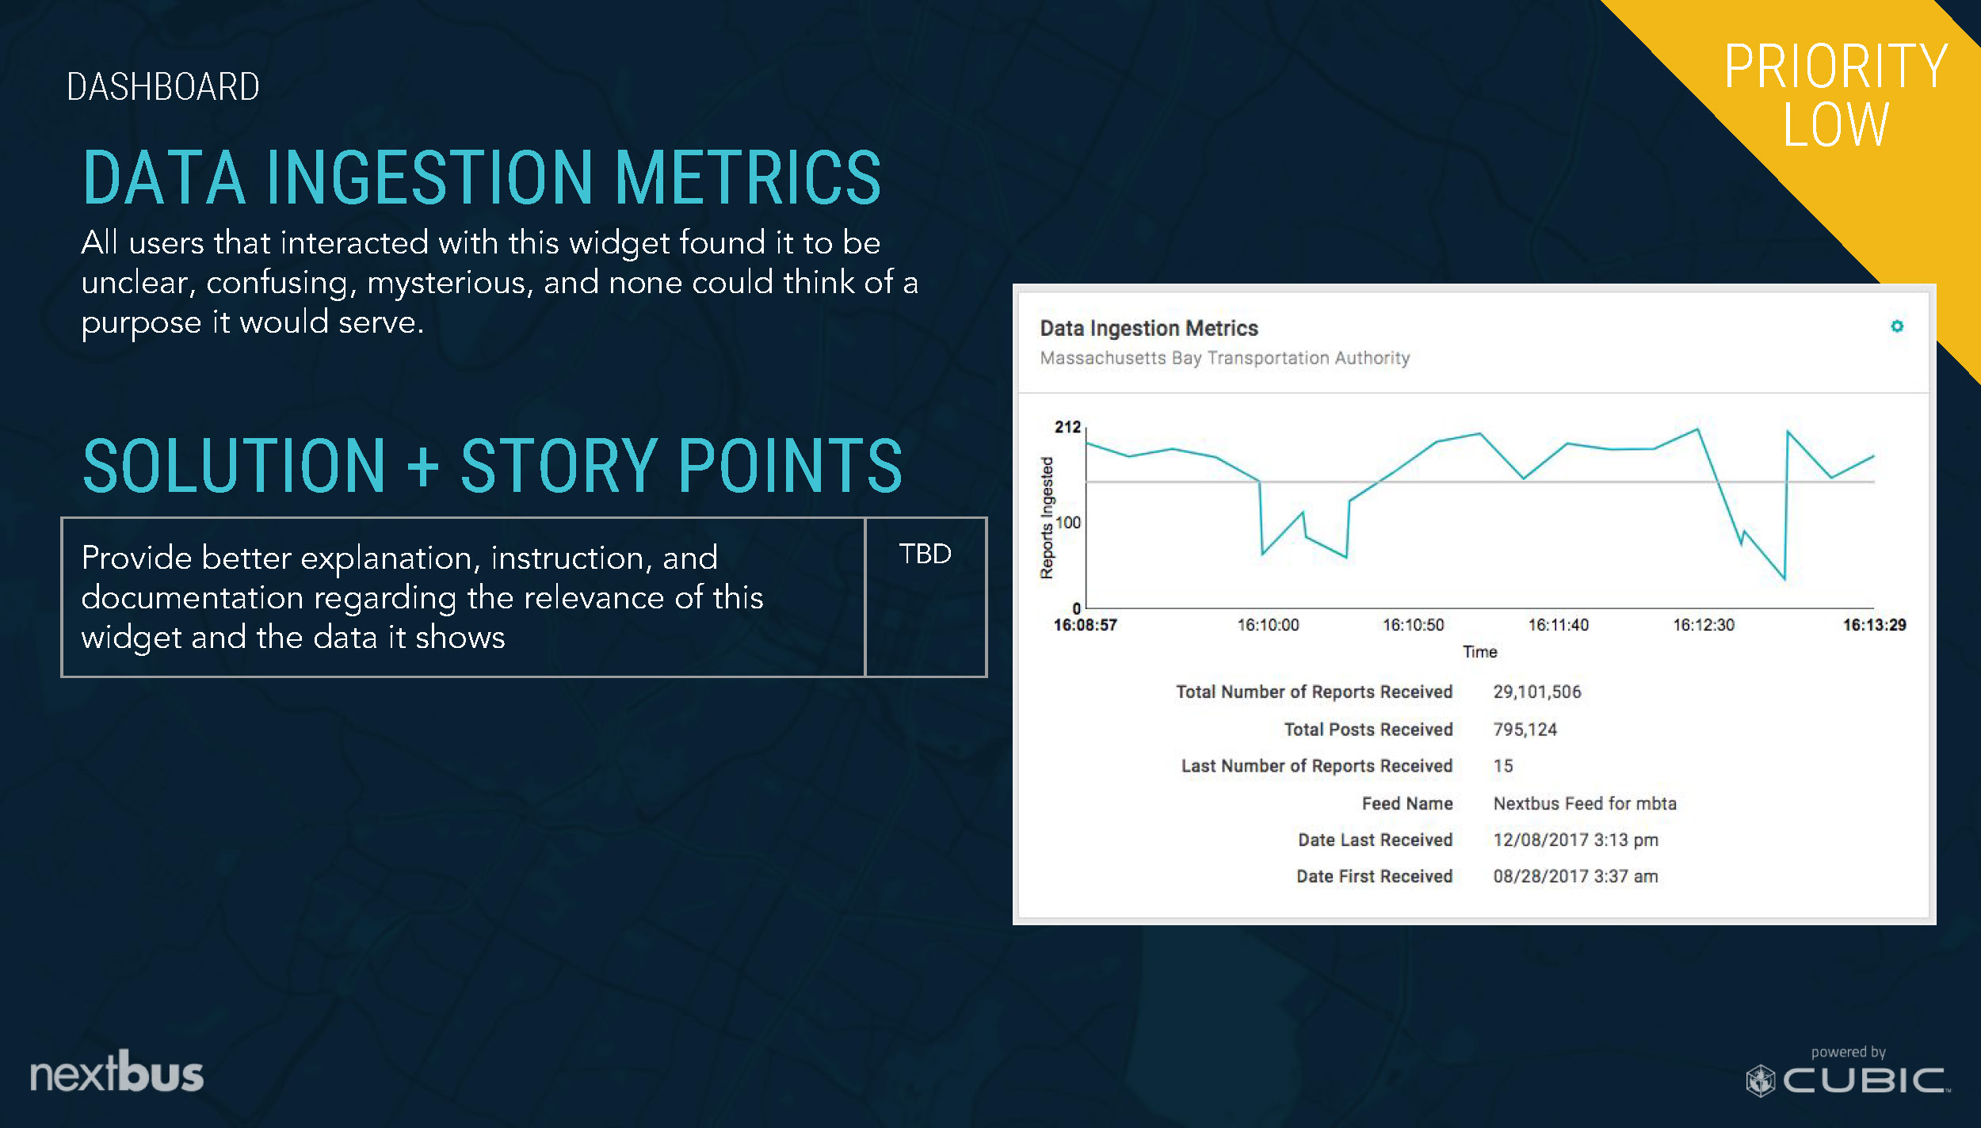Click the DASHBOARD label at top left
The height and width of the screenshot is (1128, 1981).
click(163, 86)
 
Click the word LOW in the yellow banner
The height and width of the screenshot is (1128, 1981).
click(1835, 124)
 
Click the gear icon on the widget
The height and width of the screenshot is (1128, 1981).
click(1896, 326)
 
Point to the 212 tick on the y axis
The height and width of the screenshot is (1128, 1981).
click(1067, 427)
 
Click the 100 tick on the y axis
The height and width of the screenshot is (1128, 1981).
click(1068, 523)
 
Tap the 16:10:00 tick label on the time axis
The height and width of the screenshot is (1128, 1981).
click(1268, 625)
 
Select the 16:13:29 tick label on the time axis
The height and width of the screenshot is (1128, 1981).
click(1874, 625)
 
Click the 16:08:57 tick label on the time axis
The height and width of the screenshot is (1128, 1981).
click(1085, 625)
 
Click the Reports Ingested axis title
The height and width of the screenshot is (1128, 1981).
click(1047, 518)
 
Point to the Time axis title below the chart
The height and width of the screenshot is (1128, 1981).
click(1479, 652)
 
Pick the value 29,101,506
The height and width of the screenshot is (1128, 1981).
click(1536, 692)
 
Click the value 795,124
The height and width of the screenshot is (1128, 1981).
click(1525, 730)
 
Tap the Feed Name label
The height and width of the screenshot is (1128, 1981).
click(1407, 803)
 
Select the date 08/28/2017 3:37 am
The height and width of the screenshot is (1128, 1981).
click(1575, 876)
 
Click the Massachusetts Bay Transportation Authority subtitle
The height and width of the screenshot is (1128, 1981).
click(1224, 358)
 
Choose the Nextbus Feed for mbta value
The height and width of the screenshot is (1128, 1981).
click(1584, 803)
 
